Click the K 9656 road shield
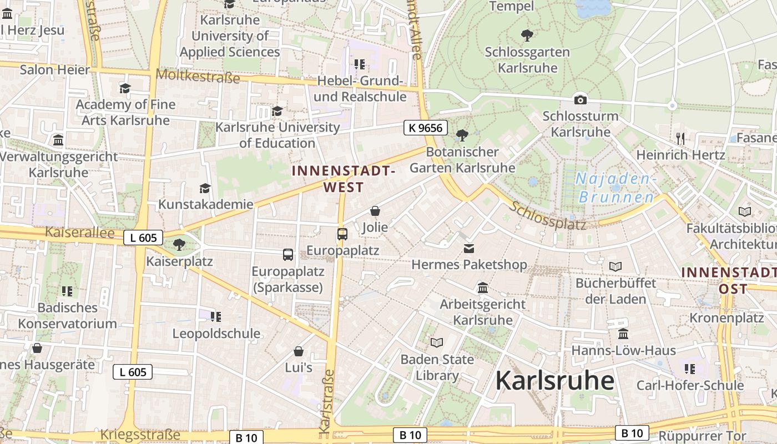tap(425, 128)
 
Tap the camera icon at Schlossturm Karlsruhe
tap(581, 100)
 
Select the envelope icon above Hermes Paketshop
tap(469, 248)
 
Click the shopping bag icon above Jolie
tap(375, 211)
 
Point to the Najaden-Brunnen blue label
tap(617, 188)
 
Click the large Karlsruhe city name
tap(554, 381)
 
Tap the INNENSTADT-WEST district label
tap(344, 179)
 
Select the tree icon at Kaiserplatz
tap(179, 244)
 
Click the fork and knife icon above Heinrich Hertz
tap(680, 138)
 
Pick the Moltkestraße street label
tap(198, 76)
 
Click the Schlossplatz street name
tap(548, 216)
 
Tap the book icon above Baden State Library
tap(437, 342)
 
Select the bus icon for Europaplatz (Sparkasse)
tap(288, 255)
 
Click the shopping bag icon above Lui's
tap(299, 351)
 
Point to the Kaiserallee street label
tap(79, 232)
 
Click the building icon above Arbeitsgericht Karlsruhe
tap(482, 287)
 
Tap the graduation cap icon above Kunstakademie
tap(205, 188)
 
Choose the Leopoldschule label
tap(216, 334)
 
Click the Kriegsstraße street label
tap(140, 435)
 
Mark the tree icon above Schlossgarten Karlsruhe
tap(527, 36)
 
